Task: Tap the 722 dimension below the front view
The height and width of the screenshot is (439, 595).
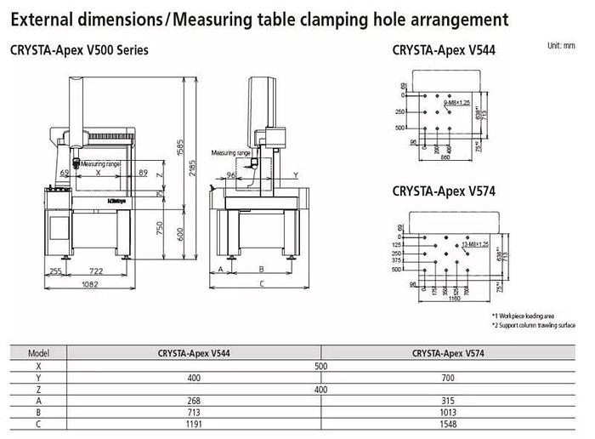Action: pos(96,271)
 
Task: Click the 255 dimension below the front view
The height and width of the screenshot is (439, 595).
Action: pos(56,271)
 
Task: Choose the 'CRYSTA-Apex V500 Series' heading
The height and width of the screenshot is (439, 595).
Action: pos(79,50)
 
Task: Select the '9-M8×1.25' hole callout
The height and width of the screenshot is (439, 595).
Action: pos(456,102)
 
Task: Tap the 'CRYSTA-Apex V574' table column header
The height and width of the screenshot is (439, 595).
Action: pos(449,353)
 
